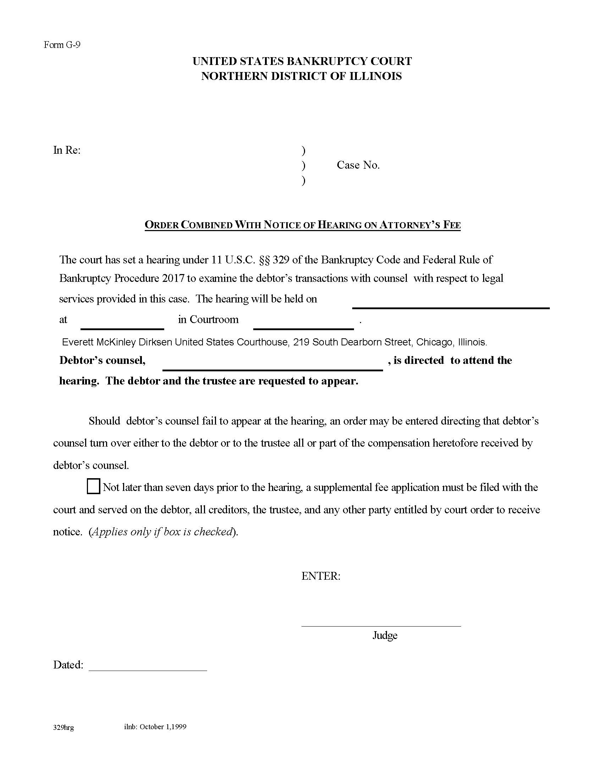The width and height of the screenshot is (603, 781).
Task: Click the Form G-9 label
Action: (x=62, y=45)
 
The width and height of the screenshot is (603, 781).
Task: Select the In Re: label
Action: (x=67, y=150)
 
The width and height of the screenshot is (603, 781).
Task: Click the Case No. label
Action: (x=358, y=165)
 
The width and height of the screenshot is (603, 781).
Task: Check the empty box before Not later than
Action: (x=93, y=487)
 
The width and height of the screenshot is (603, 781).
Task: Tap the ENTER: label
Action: (x=320, y=576)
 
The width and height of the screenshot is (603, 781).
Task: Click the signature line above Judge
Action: (x=381, y=626)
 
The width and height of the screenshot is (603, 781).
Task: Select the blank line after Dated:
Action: (x=148, y=670)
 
